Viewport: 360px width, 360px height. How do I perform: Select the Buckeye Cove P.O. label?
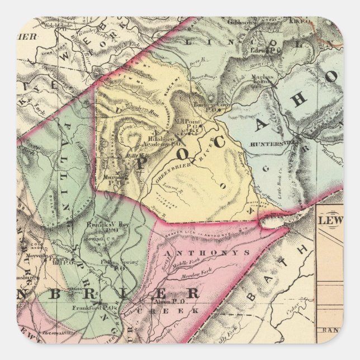(208, 105)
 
